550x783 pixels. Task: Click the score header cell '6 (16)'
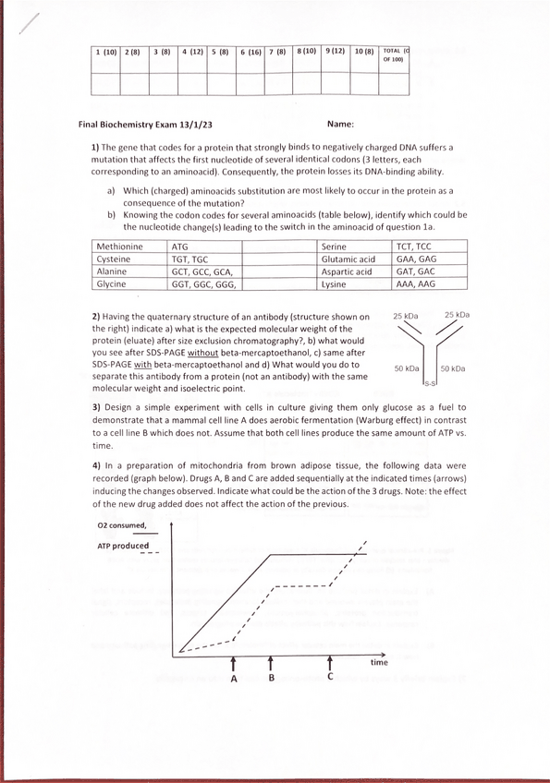[251, 54]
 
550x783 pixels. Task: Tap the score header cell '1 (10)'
[106, 54]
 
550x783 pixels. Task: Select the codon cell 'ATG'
[183, 247]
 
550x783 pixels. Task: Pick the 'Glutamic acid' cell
[348, 259]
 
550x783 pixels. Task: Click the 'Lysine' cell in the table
[335, 284]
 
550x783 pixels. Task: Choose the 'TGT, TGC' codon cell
[190, 259]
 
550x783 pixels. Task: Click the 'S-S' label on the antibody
[431, 382]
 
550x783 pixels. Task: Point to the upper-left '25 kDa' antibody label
[405, 316]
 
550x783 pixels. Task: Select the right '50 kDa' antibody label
[452, 368]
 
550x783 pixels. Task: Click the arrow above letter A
[234, 663]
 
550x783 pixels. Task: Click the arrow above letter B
[271, 663]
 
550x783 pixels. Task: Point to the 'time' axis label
[379, 662]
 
